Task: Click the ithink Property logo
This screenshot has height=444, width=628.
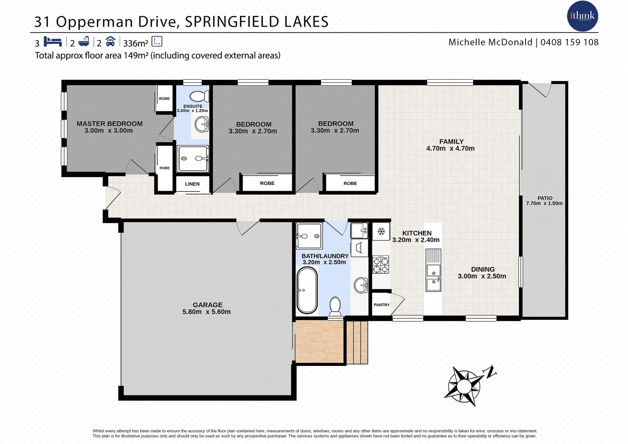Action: coord(582,16)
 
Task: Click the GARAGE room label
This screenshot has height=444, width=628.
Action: coord(207,305)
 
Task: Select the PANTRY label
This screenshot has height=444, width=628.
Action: coord(381,305)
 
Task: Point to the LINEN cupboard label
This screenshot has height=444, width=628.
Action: coord(192,184)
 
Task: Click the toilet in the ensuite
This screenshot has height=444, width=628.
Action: coord(199,96)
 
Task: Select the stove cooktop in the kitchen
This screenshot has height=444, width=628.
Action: coord(380,264)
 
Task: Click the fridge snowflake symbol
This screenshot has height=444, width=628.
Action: coord(381,232)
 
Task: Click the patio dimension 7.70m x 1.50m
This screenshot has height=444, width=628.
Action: coord(544,203)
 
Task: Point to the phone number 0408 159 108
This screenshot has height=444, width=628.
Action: coord(569,42)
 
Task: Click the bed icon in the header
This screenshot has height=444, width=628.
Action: coord(53,42)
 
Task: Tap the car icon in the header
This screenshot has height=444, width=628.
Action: coord(110,42)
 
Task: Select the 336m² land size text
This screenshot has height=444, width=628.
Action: coord(135,43)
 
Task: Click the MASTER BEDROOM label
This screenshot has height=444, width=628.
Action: coord(109,124)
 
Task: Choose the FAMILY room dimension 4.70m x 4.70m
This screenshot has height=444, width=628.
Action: coord(450,148)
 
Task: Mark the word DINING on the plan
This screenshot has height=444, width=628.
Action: coord(483,270)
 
